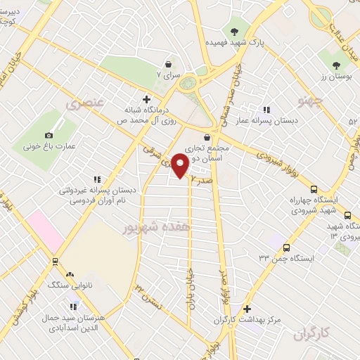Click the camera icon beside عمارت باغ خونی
click(49, 135)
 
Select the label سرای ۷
click(172, 73)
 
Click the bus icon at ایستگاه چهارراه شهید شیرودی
click(314, 188)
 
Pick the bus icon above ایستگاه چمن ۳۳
click(286, 247)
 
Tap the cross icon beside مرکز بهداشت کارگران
click(247, 309)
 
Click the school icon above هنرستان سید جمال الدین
click(73, 307)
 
